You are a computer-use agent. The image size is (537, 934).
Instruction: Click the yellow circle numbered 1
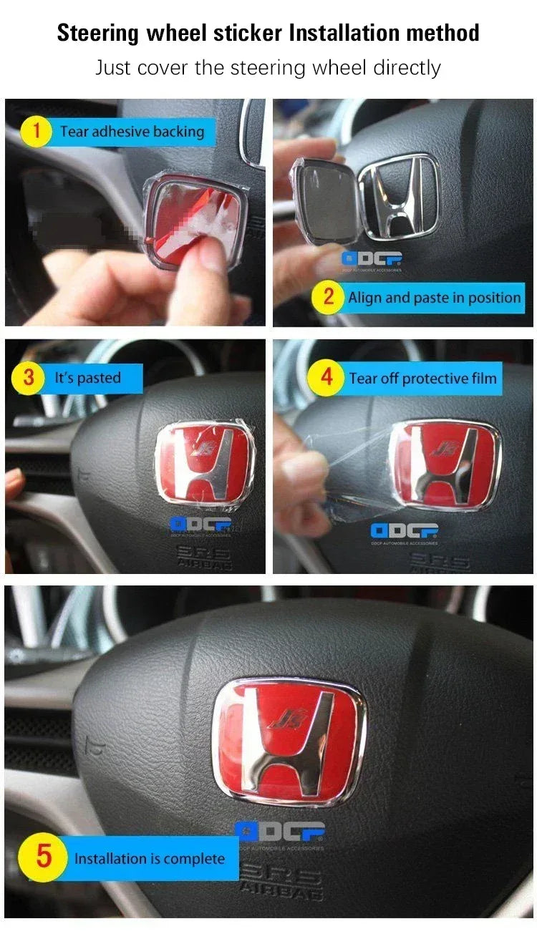(36, 132)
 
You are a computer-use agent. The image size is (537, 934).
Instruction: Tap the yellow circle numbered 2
(328, 297)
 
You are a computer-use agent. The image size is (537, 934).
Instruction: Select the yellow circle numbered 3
(29, 378)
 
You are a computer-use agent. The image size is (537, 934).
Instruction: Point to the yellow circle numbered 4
(327, 377)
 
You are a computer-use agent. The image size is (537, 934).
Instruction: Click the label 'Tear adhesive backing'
(132, 132)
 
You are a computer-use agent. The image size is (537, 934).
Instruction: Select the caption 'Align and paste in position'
(434, 298)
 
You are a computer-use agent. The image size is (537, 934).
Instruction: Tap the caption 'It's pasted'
(87, 378)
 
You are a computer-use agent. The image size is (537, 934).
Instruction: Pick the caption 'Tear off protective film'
(422, 378)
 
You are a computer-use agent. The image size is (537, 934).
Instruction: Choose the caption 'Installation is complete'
(149, 858)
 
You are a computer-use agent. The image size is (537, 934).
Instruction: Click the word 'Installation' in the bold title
(342, 33)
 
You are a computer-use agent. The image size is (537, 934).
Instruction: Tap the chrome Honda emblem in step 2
(398, 195)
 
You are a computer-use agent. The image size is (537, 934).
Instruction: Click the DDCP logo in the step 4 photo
(405, 531)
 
